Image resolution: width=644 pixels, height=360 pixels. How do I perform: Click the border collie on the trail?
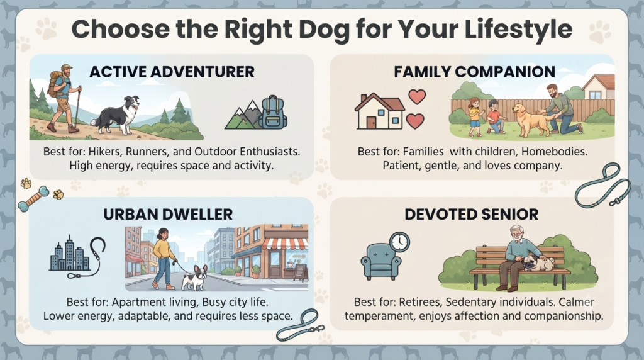coord(117,114)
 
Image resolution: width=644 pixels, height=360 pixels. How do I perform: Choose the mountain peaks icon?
coord(243,115)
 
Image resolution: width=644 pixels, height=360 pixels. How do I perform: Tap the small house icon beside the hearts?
coord(379,111)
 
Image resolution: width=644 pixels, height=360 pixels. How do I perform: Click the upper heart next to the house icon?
coord(417,97)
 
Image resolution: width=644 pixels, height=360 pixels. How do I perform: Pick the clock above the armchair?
coord(399,242)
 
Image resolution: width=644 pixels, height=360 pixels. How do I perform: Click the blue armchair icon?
coord(380,262)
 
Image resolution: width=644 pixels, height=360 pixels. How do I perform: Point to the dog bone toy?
coord(34,199)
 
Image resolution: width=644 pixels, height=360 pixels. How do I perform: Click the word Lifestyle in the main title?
coord(518,30)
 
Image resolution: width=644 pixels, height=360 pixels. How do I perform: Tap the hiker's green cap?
coord(66,67)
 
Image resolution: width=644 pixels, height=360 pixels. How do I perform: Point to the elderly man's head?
coord(517,234)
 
